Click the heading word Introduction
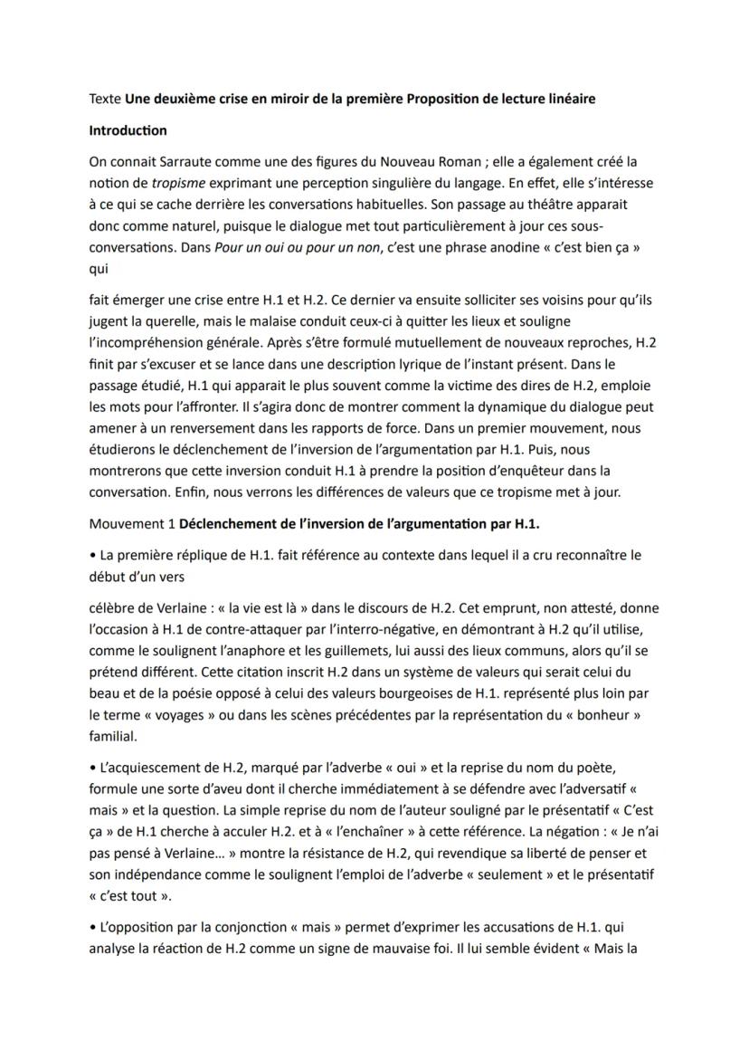pos(128,130)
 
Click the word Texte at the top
pos(105,99)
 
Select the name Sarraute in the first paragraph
pos(182,162)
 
